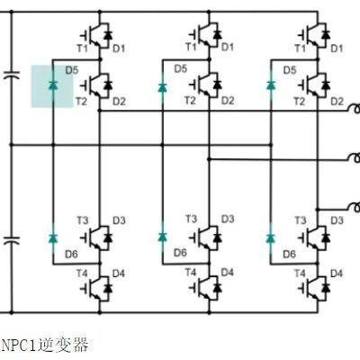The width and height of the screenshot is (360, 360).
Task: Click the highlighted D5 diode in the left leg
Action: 53,85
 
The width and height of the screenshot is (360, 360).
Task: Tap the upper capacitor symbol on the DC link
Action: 12,75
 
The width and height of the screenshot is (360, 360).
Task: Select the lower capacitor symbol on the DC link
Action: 12,240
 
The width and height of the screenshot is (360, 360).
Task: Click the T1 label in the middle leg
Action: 191,47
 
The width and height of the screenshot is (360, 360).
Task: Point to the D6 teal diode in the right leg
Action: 271,238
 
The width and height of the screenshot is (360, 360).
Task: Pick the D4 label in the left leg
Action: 119,274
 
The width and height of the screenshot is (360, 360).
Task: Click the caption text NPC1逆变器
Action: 45,345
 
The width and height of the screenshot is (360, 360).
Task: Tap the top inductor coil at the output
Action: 355,109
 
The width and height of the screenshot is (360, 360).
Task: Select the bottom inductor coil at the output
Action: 355,207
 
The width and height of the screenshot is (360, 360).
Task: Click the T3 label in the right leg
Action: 300,220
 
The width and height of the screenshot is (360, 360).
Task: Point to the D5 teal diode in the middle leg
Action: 162,87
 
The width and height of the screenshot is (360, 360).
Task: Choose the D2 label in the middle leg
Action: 228,101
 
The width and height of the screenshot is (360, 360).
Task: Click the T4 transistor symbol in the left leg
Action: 96,289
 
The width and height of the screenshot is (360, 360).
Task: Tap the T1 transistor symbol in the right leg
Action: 314,35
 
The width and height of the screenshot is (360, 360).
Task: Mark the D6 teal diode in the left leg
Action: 53,238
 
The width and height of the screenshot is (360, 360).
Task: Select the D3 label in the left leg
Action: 119,220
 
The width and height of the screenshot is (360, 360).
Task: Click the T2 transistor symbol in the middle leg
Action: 206,85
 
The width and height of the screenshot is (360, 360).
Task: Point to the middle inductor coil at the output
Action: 355,157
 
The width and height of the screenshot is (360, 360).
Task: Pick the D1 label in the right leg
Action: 337,49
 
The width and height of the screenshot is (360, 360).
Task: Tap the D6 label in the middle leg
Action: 180,253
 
